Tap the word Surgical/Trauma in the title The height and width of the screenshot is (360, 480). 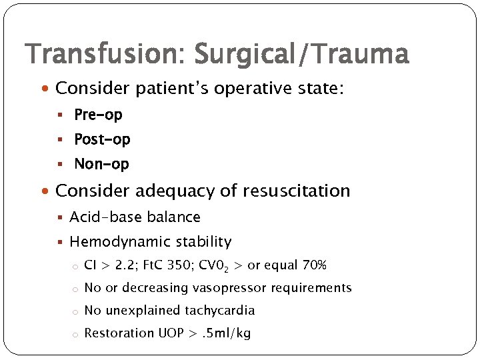pos(301,55)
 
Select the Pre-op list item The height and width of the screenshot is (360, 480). pos(98,115)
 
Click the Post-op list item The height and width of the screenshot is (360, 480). pos(102,139)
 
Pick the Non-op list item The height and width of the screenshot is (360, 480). pos(101,164)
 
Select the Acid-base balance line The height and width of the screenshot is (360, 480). pos(135,217)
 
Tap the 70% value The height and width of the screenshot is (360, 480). pos(313,266)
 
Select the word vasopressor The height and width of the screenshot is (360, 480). pos(227,288)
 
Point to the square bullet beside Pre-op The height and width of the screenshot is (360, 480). pos(60,115)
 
